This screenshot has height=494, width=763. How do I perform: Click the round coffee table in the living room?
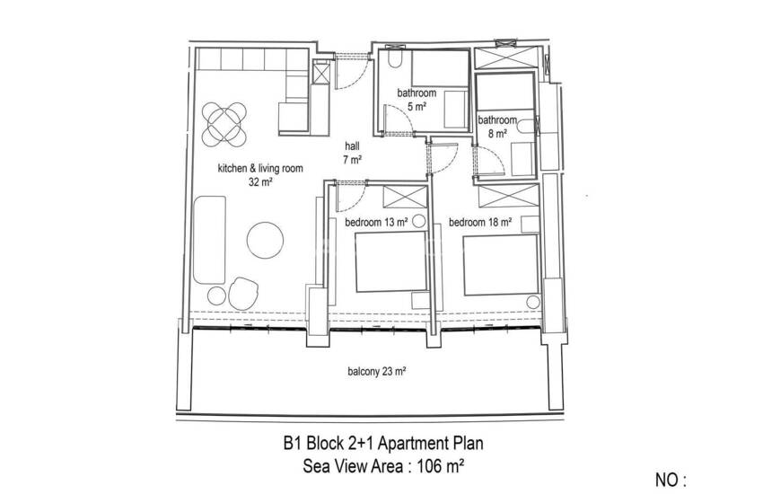pyautogui.click(x=265, y=241)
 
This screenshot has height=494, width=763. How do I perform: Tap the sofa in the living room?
pyautogui.click(x=210, y=240)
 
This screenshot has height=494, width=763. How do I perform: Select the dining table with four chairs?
pyautogui.click(x=224, y=124)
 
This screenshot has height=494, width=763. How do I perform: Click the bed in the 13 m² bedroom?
pyautogui.click(x=390, y=262)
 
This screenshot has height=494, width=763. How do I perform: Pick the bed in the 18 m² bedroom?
pyautogui.click(x=501, y=265)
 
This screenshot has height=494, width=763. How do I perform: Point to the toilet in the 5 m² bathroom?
pyautogui.click(x=395, y=59)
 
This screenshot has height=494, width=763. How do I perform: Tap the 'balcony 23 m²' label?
pyautogui.click(x=377, y=372)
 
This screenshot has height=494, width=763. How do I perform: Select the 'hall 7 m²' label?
pyautogui.click(x=352, y=153)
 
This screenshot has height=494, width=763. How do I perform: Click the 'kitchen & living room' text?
pyautogui.click(x=260, y=169)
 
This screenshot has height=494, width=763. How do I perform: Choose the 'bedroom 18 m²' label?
pyautogui.click(x=480, y=223)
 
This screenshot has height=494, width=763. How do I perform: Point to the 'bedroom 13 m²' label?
pyautogui.click(x=376, y=223)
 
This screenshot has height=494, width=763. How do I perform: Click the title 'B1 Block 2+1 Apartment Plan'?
pyautogui.click(x=383, y=444)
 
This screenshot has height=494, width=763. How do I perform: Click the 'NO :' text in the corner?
pyautogui.click(x=671, y=481)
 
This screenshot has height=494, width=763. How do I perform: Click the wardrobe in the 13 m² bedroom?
pyautogui.click(x=405, y=197)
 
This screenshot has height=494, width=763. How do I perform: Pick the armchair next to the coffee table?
pyautogui.click(x=243, y=294)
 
